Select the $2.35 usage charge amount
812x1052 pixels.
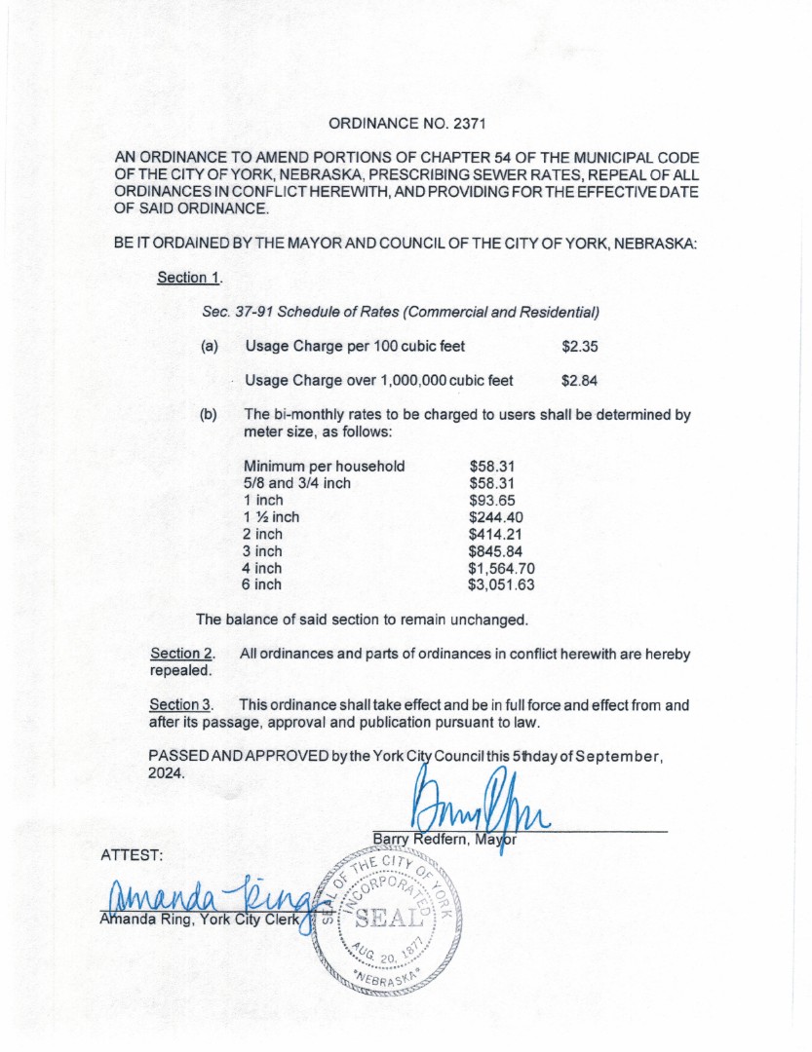(580, 346)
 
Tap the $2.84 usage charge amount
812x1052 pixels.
(580, 380)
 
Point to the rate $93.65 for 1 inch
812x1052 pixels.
(491, 500)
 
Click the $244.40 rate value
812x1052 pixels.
(496, 517)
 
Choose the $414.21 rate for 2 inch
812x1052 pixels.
(496, 534)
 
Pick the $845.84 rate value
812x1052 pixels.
(496, 551)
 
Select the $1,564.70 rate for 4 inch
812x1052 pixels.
(502, 568)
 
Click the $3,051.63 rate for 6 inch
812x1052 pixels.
(502, 584)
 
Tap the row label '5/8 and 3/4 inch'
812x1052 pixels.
(297, 483)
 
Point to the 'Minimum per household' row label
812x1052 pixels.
(324, 466)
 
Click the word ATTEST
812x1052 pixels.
(132, 854)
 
